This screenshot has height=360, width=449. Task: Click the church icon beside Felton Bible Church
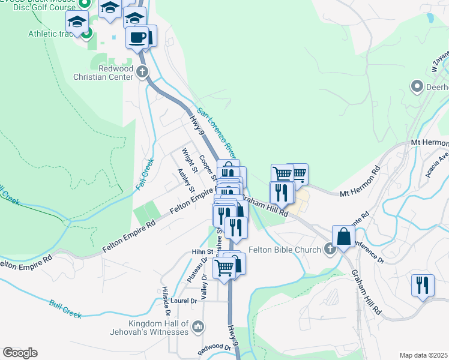tap(330, 249)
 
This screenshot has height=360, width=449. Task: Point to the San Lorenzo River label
tap(220, 133)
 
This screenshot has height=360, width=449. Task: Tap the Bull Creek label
tap(65, 309)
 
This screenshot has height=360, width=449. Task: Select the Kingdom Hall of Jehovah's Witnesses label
tap(150, 327)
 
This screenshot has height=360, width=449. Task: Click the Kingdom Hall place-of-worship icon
tap(199, 327)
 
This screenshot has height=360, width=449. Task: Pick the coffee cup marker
tap(137, 37)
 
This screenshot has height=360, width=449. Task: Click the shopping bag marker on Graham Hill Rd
tap(345, 236)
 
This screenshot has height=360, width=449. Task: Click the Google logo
tap(20, 353)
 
